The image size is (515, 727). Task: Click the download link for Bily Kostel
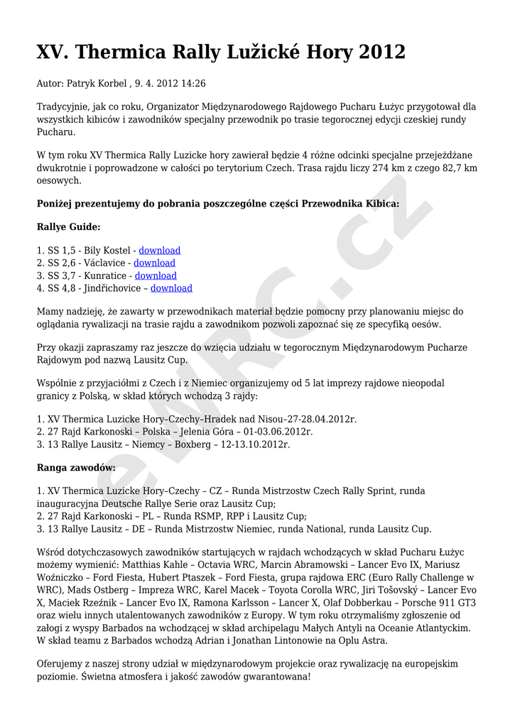159,251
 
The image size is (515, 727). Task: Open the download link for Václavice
154,263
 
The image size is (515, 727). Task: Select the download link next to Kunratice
156,275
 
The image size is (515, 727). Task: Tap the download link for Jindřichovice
171,288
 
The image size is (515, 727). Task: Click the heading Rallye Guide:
68,227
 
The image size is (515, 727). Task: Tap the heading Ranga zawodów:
76,468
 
